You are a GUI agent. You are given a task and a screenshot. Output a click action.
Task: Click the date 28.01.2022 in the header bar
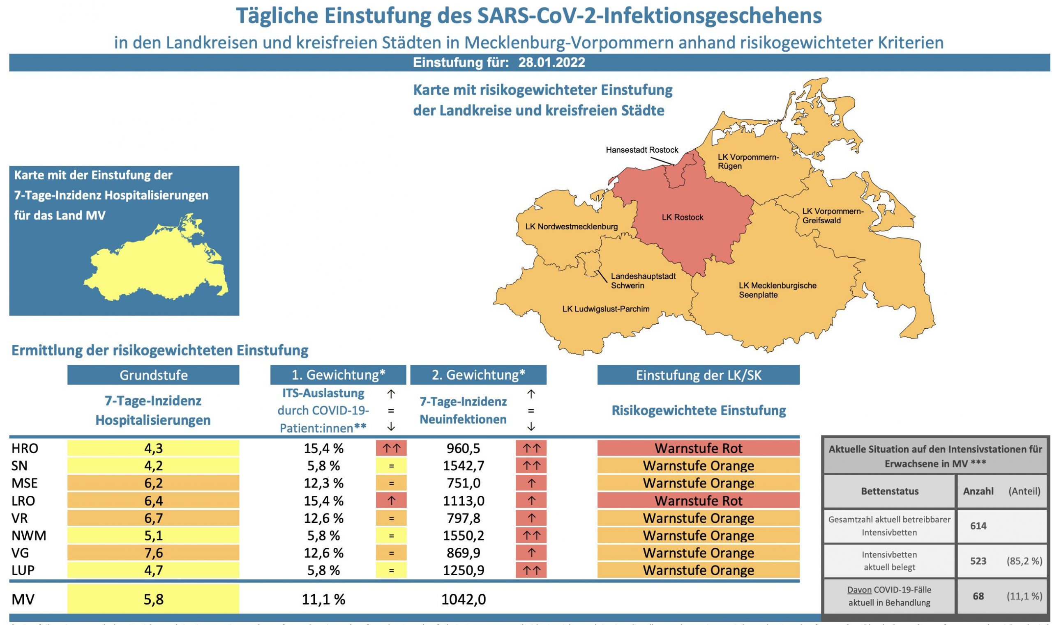pos(551,63)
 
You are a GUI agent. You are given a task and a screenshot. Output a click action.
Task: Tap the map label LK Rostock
pos(682,217)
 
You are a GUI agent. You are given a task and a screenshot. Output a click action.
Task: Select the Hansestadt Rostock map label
pos(642,150)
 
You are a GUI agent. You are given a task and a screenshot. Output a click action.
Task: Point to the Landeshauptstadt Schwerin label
pos(643,281)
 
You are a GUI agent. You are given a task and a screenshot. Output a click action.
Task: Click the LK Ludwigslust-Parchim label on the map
pos(605,309)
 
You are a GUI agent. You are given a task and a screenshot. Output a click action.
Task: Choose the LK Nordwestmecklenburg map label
pos(571,227)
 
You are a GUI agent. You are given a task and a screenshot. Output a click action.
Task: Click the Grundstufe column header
pos(153,375)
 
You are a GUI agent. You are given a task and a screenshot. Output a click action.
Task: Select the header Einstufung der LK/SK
pos(698,375)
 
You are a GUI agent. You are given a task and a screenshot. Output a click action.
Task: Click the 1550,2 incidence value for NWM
pos(464,535)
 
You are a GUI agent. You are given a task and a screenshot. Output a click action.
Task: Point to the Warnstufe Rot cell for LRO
pos(698,501)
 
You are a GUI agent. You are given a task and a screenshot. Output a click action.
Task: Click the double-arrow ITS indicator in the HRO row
pos(391,448)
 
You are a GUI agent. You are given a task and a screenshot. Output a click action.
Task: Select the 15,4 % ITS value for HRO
pos(323,449)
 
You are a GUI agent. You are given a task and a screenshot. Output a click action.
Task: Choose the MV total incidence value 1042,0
pos(464,599)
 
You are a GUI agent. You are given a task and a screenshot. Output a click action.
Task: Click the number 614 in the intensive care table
pos(978,526)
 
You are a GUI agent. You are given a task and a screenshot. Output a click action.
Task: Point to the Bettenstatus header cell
pos(889,491)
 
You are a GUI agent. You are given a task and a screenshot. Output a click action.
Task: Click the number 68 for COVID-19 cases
pos(978,596)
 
